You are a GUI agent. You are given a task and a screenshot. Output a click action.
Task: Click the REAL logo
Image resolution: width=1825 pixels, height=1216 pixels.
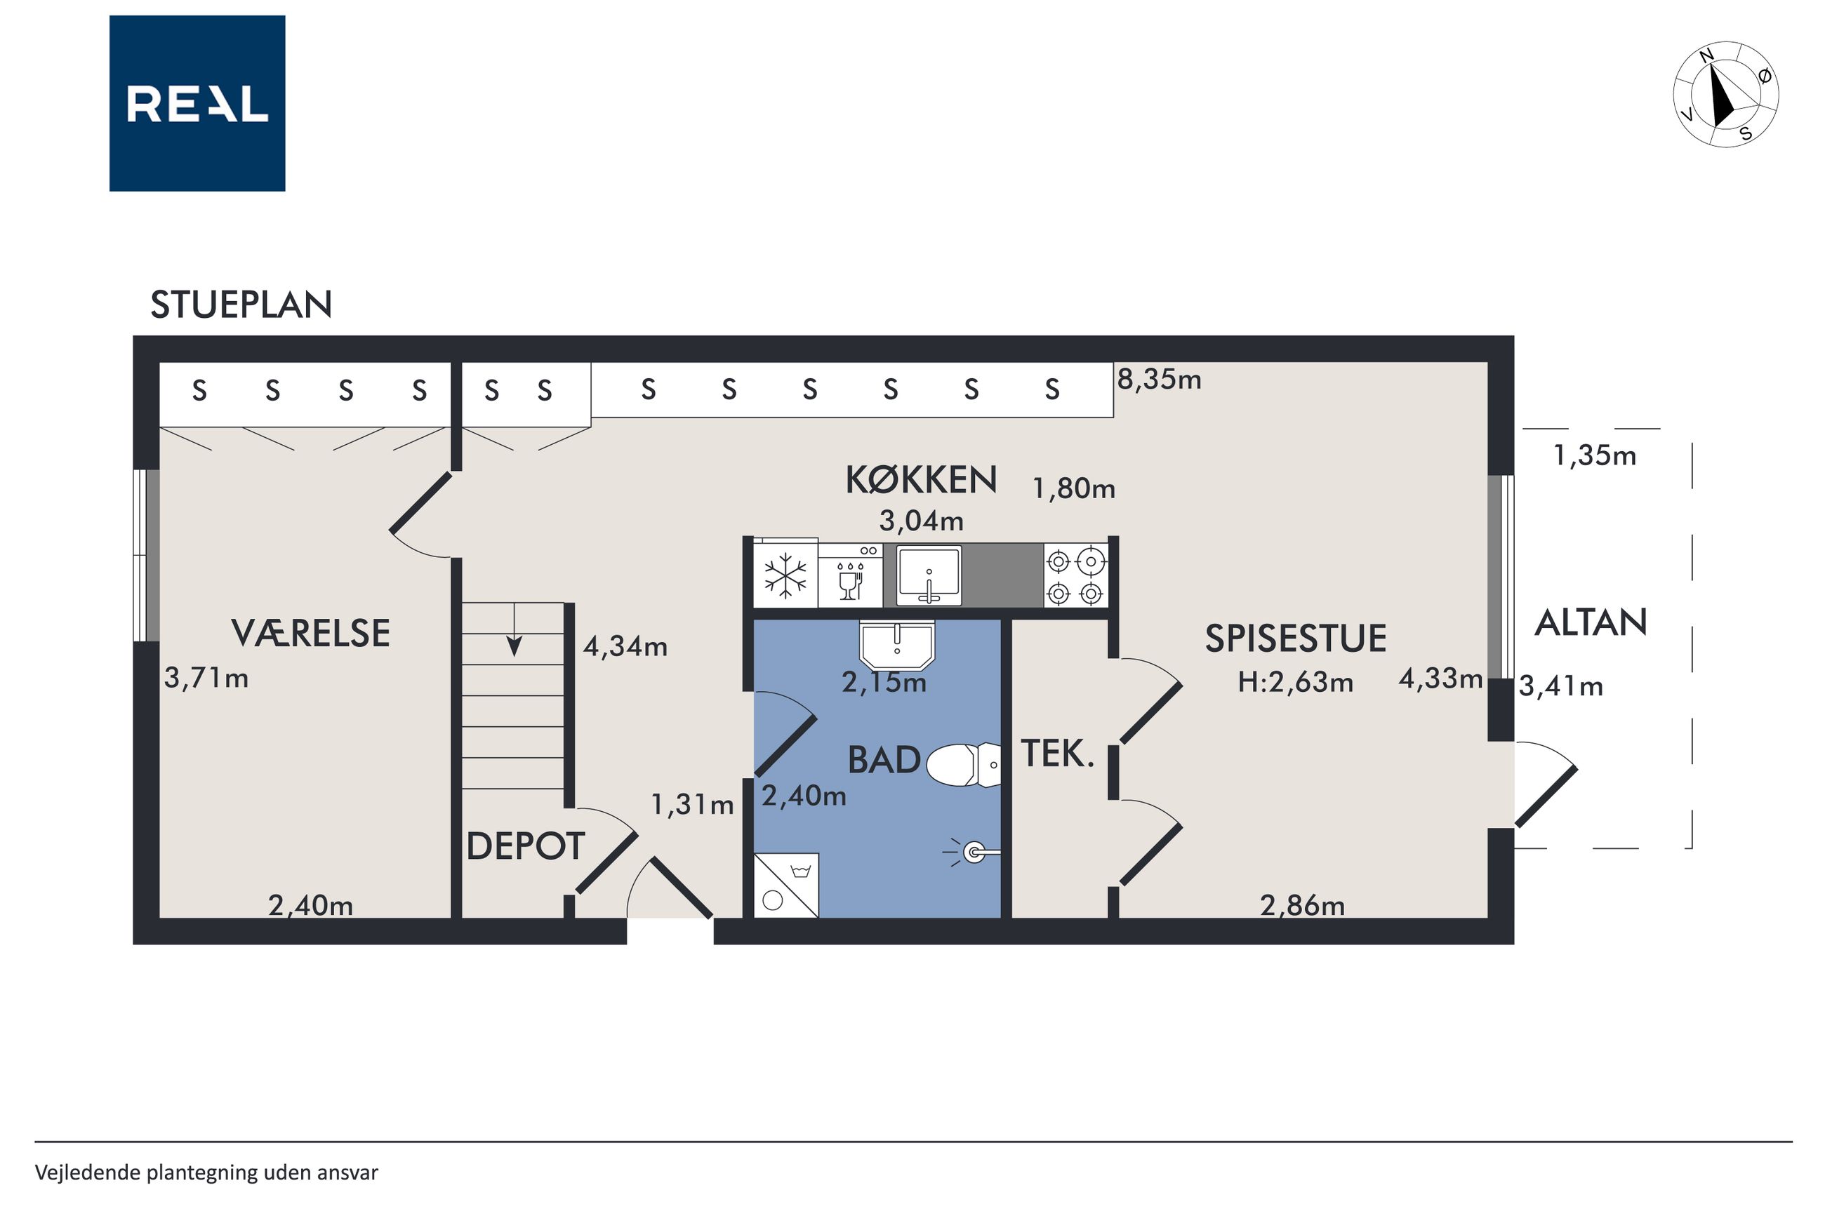(x=197, y=103)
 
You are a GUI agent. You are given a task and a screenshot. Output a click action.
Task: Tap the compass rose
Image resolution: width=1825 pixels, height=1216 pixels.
(x=1726, y=95)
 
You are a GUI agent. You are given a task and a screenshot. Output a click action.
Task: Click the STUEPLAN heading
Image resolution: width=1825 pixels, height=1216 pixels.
(x=241, y=305)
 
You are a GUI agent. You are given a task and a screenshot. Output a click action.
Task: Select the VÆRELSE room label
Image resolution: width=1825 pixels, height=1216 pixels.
(x=310, y=634)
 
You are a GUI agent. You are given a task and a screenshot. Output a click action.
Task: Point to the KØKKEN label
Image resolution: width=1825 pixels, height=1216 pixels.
(x=921, y=480)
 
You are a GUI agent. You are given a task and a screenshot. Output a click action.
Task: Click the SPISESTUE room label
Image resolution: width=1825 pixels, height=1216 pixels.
(x=1295, y=639)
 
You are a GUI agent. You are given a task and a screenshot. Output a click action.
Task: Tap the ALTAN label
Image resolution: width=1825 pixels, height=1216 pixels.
(x=1591, y=622)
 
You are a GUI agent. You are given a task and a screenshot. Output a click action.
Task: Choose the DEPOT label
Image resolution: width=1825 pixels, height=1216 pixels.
(x=525, y=846)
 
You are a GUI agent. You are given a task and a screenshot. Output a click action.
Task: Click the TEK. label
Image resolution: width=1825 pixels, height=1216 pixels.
(x=1057, y=753)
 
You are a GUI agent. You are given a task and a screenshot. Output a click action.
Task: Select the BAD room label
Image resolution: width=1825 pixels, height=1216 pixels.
(x=884, y=760)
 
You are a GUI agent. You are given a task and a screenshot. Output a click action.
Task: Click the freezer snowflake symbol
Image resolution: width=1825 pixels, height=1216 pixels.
(x=785, y=576)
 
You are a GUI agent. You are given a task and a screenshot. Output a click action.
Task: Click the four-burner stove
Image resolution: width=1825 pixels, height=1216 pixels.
(x=1075, y=575)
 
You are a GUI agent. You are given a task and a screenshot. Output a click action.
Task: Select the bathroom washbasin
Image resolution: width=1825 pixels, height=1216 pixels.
(x=897, y=644)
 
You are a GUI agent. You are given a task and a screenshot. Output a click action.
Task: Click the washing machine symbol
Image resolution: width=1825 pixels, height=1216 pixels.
(x=785, y=886)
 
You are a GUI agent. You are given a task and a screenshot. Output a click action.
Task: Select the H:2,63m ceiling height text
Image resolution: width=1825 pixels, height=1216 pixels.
(x=1294, y=683)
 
